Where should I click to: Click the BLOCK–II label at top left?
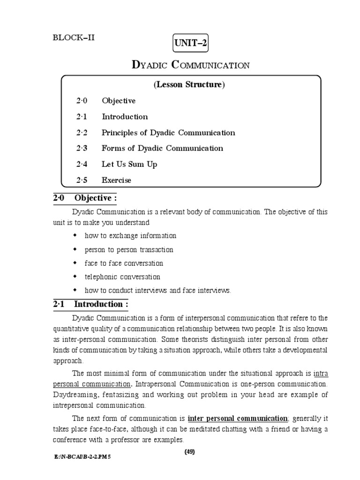click(x=74, y=38)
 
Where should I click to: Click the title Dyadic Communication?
click(x=190, y=65)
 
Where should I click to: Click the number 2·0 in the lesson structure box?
click(x=82, y=101)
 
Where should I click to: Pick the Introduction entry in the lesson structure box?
click(x=125, y=117)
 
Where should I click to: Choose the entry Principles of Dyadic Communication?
click(x=168, y=133)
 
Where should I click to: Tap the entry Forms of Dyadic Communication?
click(x=162, y=149)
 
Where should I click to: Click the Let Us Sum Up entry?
click(x=129, y=165)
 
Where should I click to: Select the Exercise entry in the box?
click(x=117, y=180)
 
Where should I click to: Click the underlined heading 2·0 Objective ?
click(x=84, y=198)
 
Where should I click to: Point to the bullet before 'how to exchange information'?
click(x=75, y=235)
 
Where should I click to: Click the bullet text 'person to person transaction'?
click(x=129, y=249)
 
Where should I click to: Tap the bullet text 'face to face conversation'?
click(x=124, y=263)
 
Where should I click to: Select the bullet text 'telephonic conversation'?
click(x=122, y=277)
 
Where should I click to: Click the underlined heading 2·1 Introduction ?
click(x=90, y=304)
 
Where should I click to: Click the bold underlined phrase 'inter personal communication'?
click(x=237, y=418)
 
